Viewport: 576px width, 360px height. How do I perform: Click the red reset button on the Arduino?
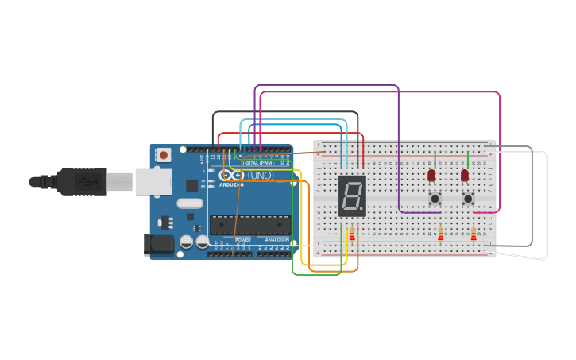pos(163,155)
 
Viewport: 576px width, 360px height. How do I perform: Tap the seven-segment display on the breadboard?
pos(352,195)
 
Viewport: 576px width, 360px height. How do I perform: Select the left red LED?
pos(431,175)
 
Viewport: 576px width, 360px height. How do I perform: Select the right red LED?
pos(465,175)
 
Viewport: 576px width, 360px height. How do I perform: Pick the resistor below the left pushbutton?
pos(440,234)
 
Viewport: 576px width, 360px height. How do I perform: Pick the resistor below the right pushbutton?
pos(474,234)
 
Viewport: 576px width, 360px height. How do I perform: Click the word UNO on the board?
pos(260,175)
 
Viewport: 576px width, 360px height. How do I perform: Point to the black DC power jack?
pos(158,244)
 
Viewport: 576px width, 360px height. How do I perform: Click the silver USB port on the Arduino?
pos(153,182)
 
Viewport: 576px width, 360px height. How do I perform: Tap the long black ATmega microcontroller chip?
pos(249,225)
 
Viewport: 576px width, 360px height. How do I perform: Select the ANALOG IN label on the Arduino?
pos(276,239)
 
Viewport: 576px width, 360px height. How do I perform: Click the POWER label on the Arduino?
pos(243,239)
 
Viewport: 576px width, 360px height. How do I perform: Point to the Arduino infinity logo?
pos(232,175)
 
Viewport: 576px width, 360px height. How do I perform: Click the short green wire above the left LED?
pos(435,160)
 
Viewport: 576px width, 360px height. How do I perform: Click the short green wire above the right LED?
pos(468,160)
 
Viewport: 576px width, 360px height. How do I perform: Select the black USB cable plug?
pos(80,182)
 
